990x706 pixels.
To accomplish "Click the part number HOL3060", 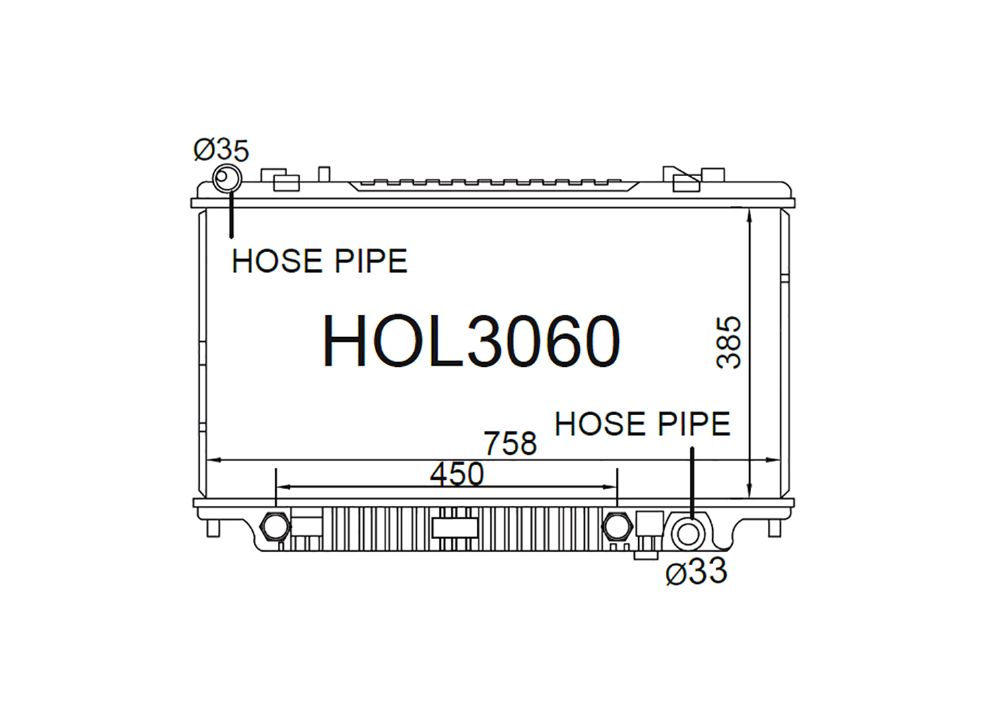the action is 471,340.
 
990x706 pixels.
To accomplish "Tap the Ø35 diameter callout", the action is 221,150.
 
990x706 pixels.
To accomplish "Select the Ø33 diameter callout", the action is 696,571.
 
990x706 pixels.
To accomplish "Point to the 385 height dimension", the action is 728,342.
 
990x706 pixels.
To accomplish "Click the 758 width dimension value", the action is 510,443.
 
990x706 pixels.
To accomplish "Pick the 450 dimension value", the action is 457,474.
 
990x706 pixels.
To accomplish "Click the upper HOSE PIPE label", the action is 319,261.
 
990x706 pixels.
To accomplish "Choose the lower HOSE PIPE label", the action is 642,424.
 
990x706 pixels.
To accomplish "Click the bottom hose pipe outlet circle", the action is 687,533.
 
